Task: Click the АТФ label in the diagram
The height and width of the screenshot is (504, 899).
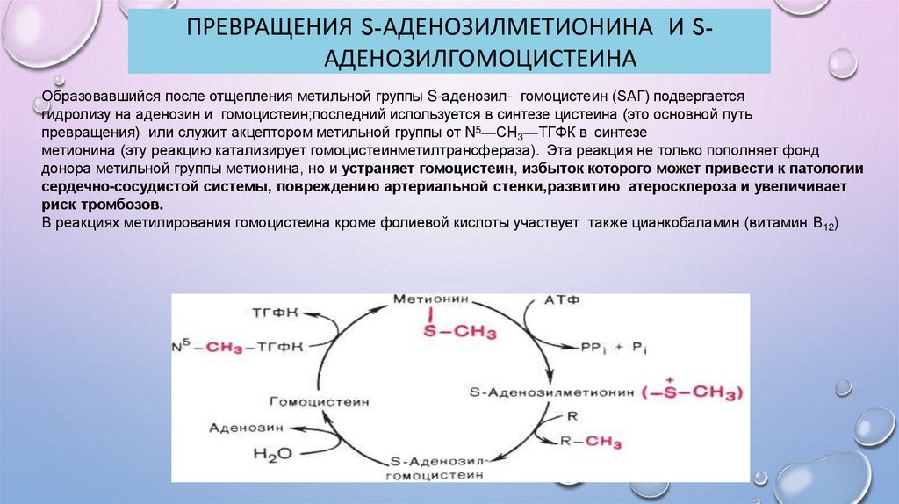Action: [x=562, y=300]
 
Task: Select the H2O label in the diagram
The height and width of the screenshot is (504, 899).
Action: [x=271, y=453]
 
